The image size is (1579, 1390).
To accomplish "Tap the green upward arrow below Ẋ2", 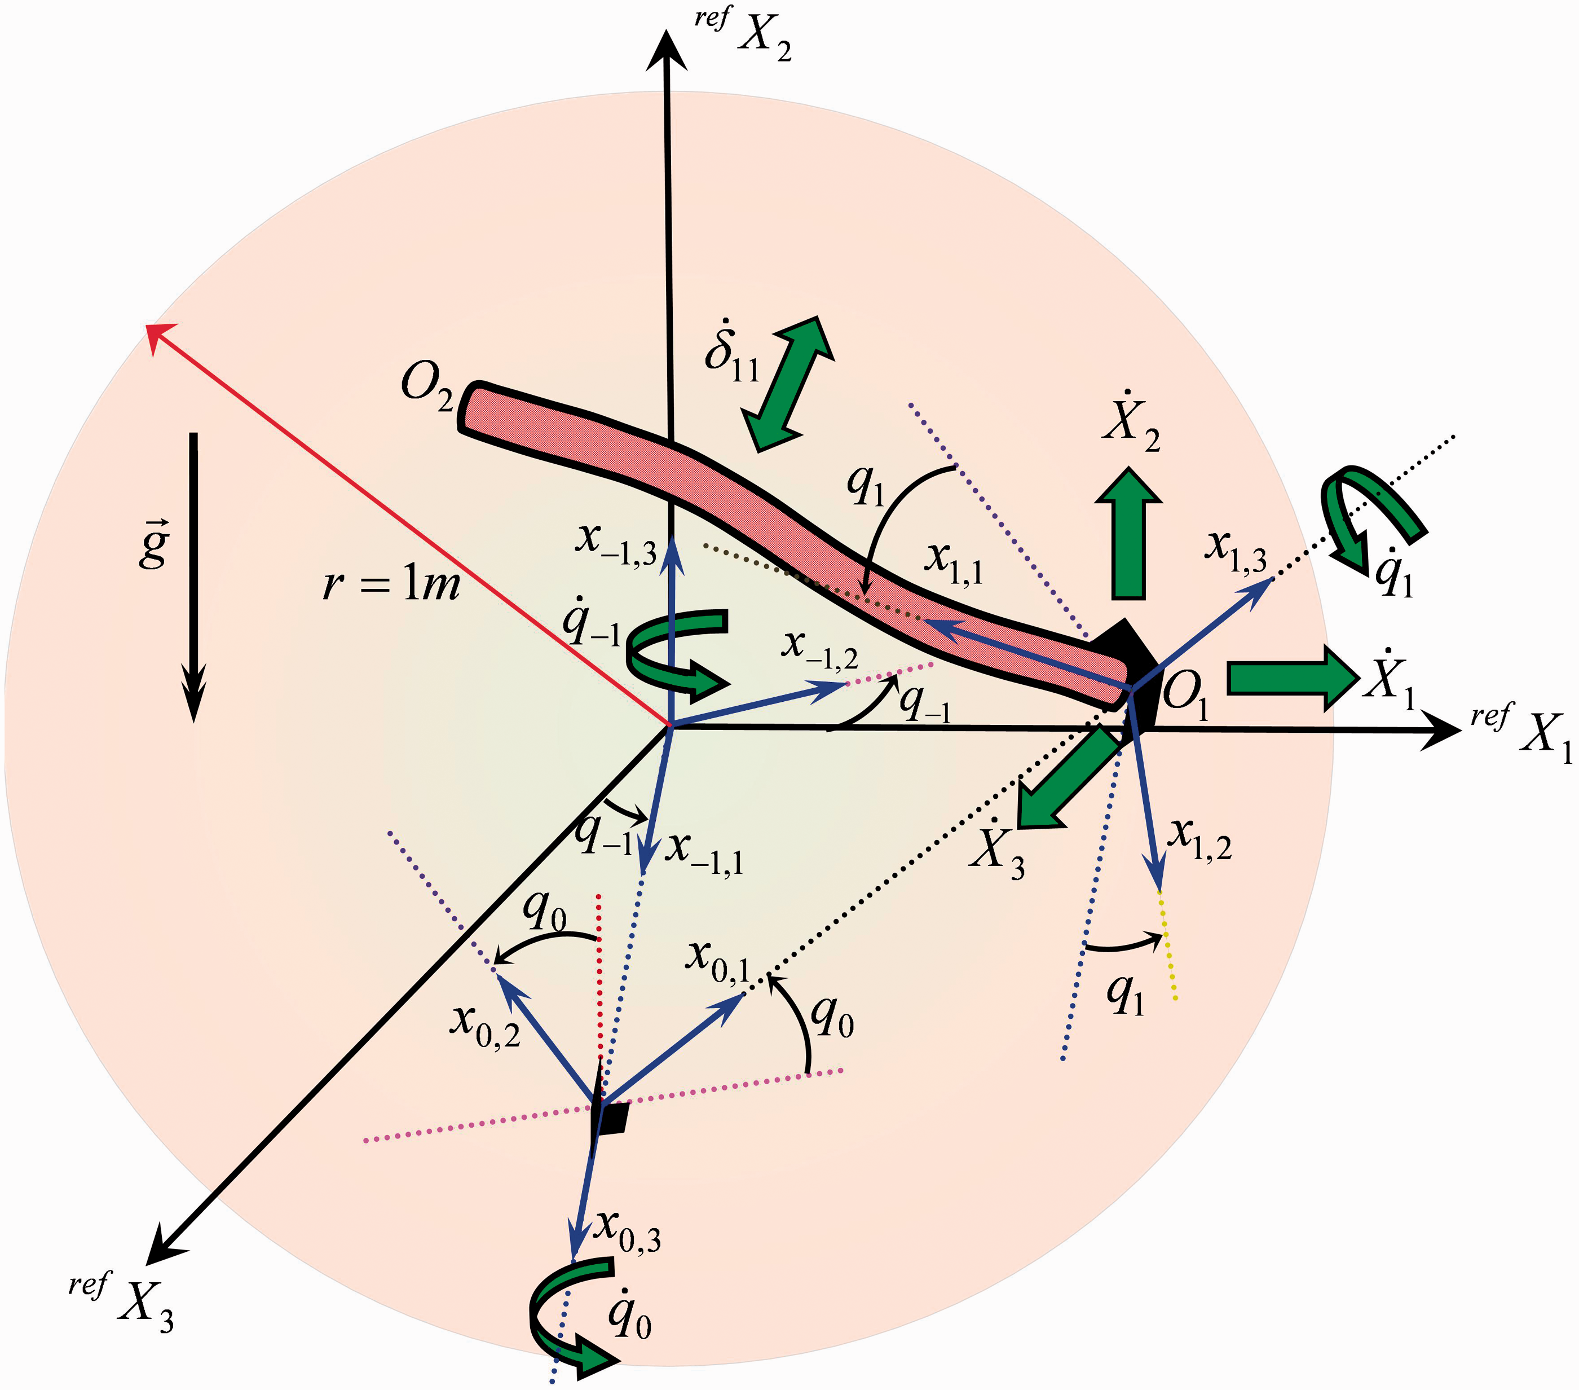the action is coord(1128,533).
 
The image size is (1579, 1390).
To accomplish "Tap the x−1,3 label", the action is coord(616,543).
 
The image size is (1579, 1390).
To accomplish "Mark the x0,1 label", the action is coord(718,964).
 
